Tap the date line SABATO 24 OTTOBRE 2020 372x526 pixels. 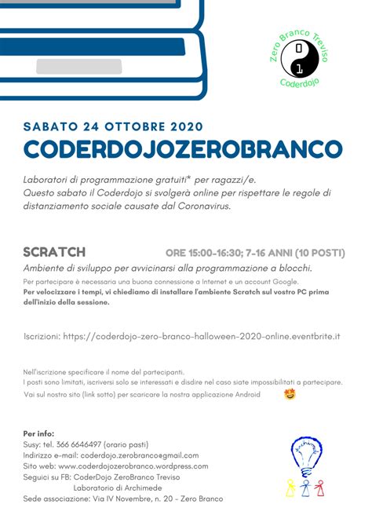(x=113, y=126)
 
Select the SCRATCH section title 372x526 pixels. (x=54, y=252)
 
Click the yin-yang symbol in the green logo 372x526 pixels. (x=302, y=58)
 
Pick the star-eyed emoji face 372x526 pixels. (x=290, y=394)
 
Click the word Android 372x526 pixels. (x=246, y=394)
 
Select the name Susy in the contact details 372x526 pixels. (x=31, y=444)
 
